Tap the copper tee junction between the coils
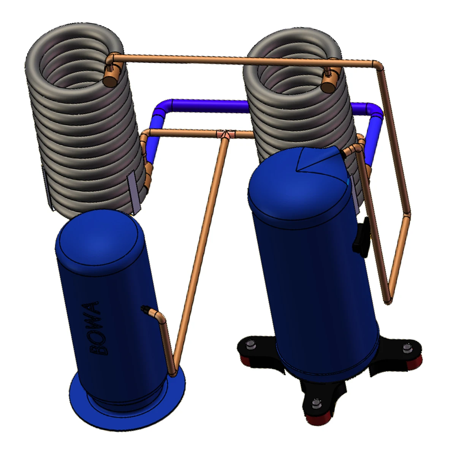(x=227, y=134)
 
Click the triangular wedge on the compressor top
(x=315, y=159)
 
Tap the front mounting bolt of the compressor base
(x=315, y=403)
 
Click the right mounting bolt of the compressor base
(x=405, y=348)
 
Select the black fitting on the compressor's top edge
(x=343, y=154)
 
